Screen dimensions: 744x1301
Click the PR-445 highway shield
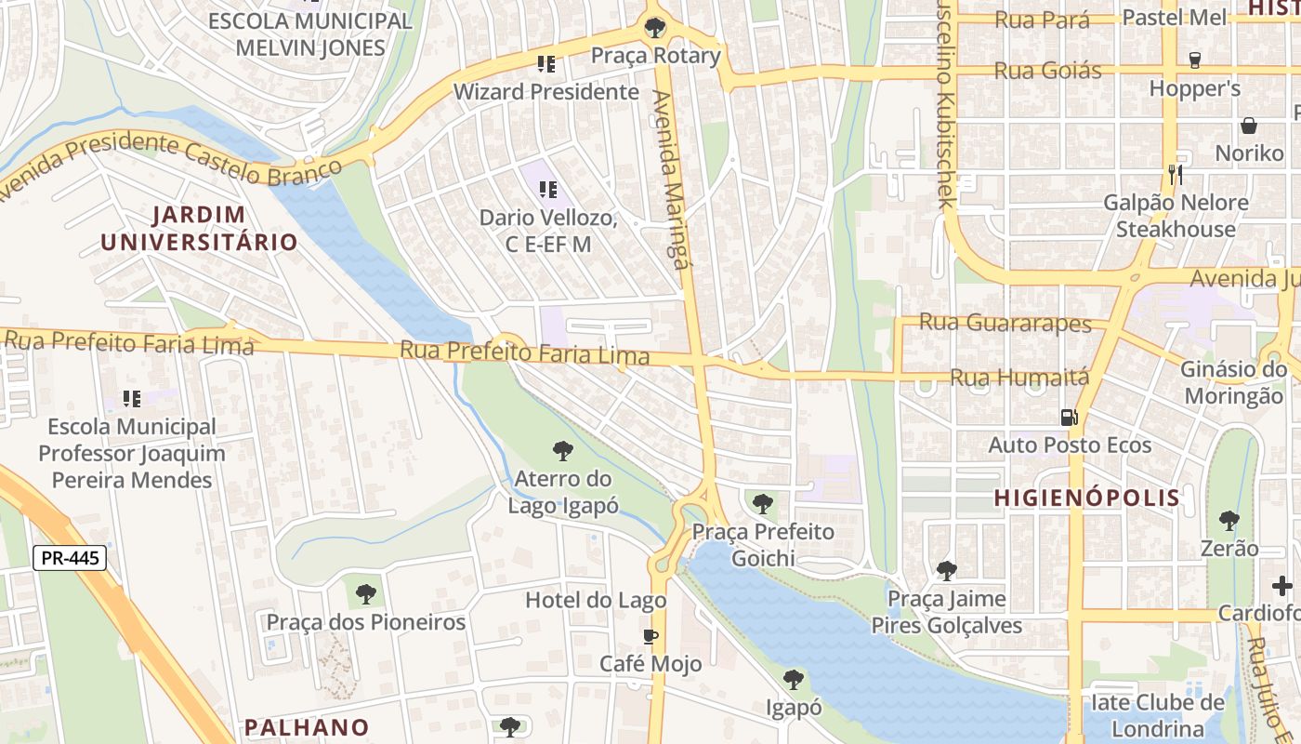pos(70,559)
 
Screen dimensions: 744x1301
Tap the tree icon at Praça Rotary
pos(655,27)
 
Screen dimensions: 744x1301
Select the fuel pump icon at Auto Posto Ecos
pos(1070,418)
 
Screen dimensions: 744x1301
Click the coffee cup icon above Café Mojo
pos(650,636)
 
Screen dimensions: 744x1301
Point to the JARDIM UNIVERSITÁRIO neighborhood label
pos(199,229)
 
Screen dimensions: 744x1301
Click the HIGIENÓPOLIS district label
pos(1087,498)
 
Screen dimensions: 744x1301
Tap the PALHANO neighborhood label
pos(307,727)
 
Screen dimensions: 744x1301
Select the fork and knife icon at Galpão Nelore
pos(1176,174)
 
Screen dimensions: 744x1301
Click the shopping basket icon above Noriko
pos(1249,126)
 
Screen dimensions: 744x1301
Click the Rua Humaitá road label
pos(1018,378)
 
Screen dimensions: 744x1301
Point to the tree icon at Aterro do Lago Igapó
pos(562,452)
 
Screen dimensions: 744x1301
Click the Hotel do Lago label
pos(596,600)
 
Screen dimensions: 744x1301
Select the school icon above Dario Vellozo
pos(548,190)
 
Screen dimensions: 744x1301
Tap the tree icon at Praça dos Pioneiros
pos(366,593)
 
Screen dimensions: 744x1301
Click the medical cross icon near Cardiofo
pos(1282,586)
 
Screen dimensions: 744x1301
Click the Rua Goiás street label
pos(1047,71)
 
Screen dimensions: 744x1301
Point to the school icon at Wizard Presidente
pos(546,64)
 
